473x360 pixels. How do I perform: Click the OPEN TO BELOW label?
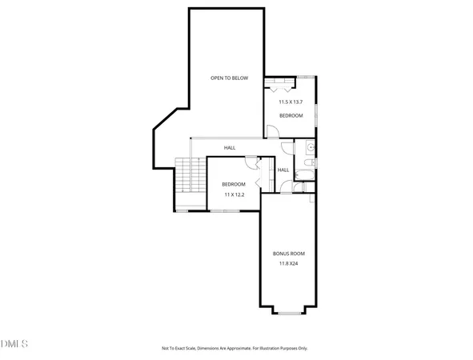tap(229, 78)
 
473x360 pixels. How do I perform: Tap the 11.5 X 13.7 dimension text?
tap(291, 102)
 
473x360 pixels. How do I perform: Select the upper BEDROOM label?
tap(291, 116)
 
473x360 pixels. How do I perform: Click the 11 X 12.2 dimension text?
tap(233, 194)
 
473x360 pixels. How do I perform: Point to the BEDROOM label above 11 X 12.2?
tap(233, 184)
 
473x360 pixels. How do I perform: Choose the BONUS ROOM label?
tap(288, 254)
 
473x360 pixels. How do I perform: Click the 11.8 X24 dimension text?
tap(288, 263)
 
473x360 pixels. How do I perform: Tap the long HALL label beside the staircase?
tap(230, 148)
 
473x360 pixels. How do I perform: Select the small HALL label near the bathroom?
tap(283, 170)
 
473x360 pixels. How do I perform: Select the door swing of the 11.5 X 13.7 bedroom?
tap(286, 146)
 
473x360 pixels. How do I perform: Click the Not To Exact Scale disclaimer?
tap(234, 349)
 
